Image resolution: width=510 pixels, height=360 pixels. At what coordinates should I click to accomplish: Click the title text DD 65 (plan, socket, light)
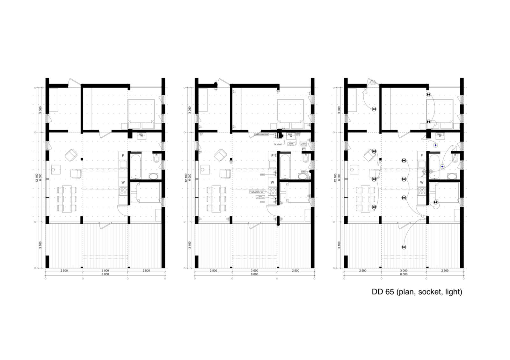point(417,292)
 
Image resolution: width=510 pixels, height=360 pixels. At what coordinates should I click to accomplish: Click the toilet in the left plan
point(157,159)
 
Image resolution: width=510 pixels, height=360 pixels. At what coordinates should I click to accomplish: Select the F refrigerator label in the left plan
point(123,155)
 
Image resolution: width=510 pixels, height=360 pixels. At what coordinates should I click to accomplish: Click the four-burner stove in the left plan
point(123,191)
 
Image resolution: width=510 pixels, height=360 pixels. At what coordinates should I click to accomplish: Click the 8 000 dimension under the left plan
point(105,274)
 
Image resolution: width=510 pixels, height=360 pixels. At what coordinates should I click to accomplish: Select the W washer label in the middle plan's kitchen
point(272,182)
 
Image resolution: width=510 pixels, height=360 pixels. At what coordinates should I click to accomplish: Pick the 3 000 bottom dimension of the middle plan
point(254,271)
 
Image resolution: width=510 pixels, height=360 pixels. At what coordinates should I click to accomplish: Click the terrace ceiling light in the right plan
point(404,247)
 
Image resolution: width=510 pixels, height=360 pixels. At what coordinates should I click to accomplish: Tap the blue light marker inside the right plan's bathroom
point(442,167)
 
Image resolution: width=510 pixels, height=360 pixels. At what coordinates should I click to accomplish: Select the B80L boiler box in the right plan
point(440,135)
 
